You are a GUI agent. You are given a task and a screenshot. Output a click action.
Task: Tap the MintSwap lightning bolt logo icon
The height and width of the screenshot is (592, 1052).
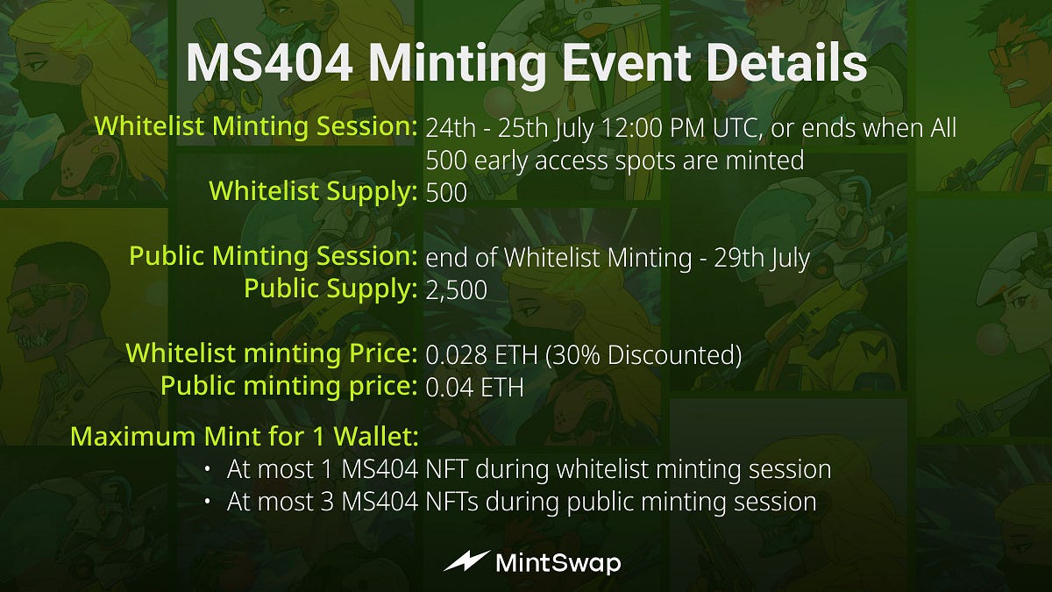click(x=466, y=561)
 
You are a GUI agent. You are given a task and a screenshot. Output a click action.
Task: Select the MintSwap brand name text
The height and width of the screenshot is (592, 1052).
click(x=558, y=562)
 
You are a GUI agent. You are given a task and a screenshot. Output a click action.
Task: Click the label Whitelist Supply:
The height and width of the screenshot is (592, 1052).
click(x=313, y=191)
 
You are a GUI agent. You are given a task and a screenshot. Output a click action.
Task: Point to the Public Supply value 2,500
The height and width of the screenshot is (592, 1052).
click(x=456, y=289)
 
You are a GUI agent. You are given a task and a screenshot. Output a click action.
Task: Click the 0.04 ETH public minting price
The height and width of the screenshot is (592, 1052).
click(x=474, y=387)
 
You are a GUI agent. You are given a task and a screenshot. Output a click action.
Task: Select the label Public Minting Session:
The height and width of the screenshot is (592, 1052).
click(x=273, y=257)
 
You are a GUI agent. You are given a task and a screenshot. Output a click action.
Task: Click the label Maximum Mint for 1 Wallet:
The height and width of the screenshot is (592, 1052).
click(x=244, y=436)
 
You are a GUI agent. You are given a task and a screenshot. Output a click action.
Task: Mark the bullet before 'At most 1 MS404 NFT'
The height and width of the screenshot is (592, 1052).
click(x=207, y=470)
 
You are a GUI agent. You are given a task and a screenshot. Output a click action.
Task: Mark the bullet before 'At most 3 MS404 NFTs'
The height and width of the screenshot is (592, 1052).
click(x=207, y=502)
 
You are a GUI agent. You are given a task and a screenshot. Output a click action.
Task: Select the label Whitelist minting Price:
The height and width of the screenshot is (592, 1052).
click(x=271, y=354)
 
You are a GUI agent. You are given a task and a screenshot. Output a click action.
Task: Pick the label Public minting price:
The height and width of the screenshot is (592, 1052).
click(x=288, y=386)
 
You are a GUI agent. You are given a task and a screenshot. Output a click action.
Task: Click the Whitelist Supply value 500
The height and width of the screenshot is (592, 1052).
click(x=446, y=193)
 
